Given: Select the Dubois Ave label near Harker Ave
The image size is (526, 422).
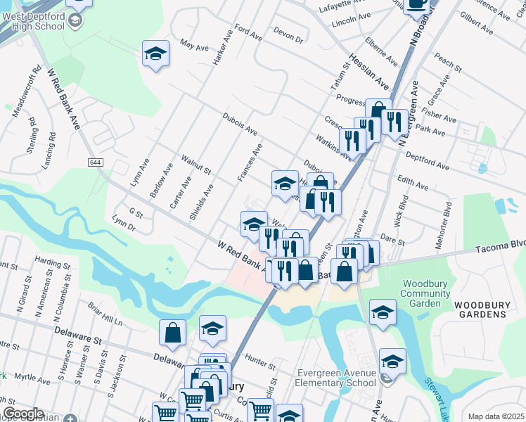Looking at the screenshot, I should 240,124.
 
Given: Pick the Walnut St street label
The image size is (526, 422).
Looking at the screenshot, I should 196,165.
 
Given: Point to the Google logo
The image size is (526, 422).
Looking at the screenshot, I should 23,414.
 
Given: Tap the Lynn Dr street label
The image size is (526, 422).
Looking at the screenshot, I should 124,224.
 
